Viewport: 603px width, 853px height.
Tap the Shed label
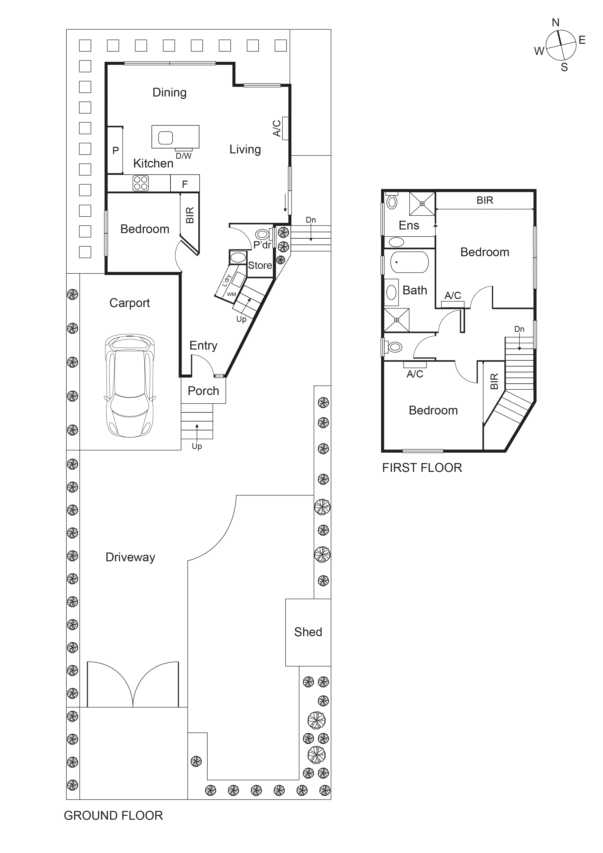[x=308, y=632]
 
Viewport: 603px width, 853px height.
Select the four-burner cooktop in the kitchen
[x=140, y=183]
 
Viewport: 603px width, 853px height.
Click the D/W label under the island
[x=184, y=156]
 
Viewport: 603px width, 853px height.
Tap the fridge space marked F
[x=185, y=184]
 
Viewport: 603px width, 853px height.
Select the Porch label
[x=203, y=391]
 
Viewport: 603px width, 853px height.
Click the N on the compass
[x=555, y=23]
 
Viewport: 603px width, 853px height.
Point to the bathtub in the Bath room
[x=409, y=262]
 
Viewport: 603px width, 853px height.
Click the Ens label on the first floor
[x=409, y=226]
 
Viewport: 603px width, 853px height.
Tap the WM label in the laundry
[x=231, y=294]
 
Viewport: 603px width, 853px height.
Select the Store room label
[x=260, y=265]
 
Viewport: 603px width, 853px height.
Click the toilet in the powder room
[x=262, y=234]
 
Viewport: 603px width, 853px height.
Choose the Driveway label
[x=130, y=557]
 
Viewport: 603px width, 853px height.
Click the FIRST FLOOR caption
[x=422, y=468]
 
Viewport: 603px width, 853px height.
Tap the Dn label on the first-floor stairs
[x=519, y=329]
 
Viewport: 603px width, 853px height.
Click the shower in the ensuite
[x=422, y=204]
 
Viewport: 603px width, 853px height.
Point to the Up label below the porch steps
[x=197, y=446]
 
